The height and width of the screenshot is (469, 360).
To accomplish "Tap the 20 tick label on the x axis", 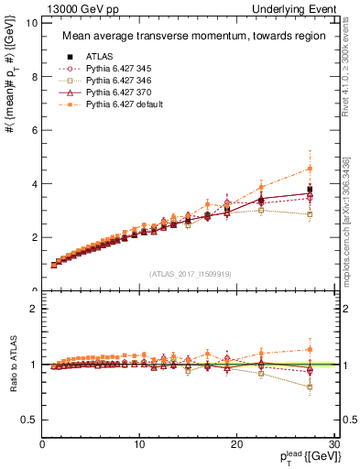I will pyautogui.click(x=236, y=446).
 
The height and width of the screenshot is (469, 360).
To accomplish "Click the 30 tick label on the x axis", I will pyautogui.click(x=333, y=446).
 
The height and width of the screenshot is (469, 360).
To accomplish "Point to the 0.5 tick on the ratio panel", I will pyautogui.click(x=32, y=420).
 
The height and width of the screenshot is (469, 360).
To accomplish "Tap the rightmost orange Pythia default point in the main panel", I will pyautogui.click(x=310, y=169).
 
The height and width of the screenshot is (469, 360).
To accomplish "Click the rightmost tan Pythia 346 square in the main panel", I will pyautogui.click(x=310, y=214).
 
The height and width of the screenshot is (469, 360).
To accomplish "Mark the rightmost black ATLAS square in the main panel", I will pyautogui.click(x=310, y=190).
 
